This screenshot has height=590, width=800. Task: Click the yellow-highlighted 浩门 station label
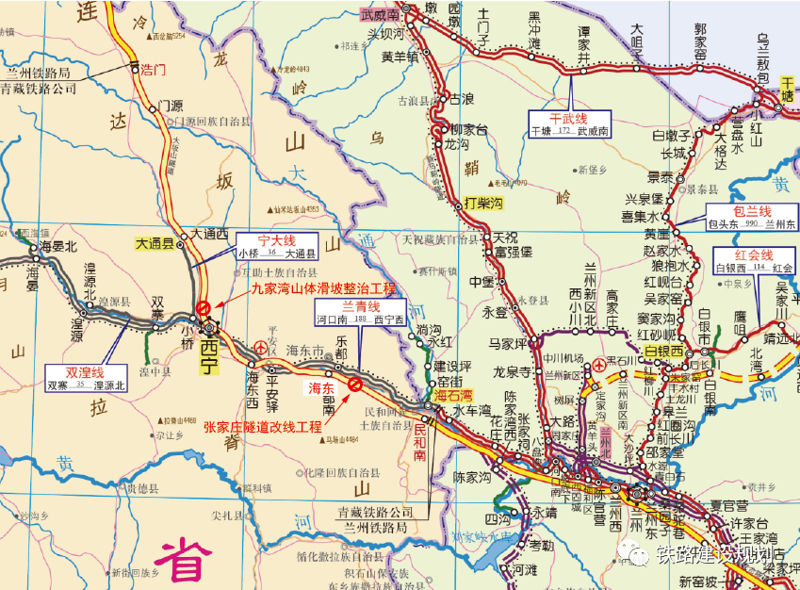pos(153,70)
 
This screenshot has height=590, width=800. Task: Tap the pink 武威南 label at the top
pos(380,15)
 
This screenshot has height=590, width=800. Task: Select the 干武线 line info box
pos(569,124)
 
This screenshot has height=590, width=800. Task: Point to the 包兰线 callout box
pos(752,218)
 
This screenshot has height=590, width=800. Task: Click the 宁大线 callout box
pos(275,246)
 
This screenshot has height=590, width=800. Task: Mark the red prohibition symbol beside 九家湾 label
pos(203,307)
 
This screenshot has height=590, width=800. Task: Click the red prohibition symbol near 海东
pos(354,384)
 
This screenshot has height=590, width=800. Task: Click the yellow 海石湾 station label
pos(455,396)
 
